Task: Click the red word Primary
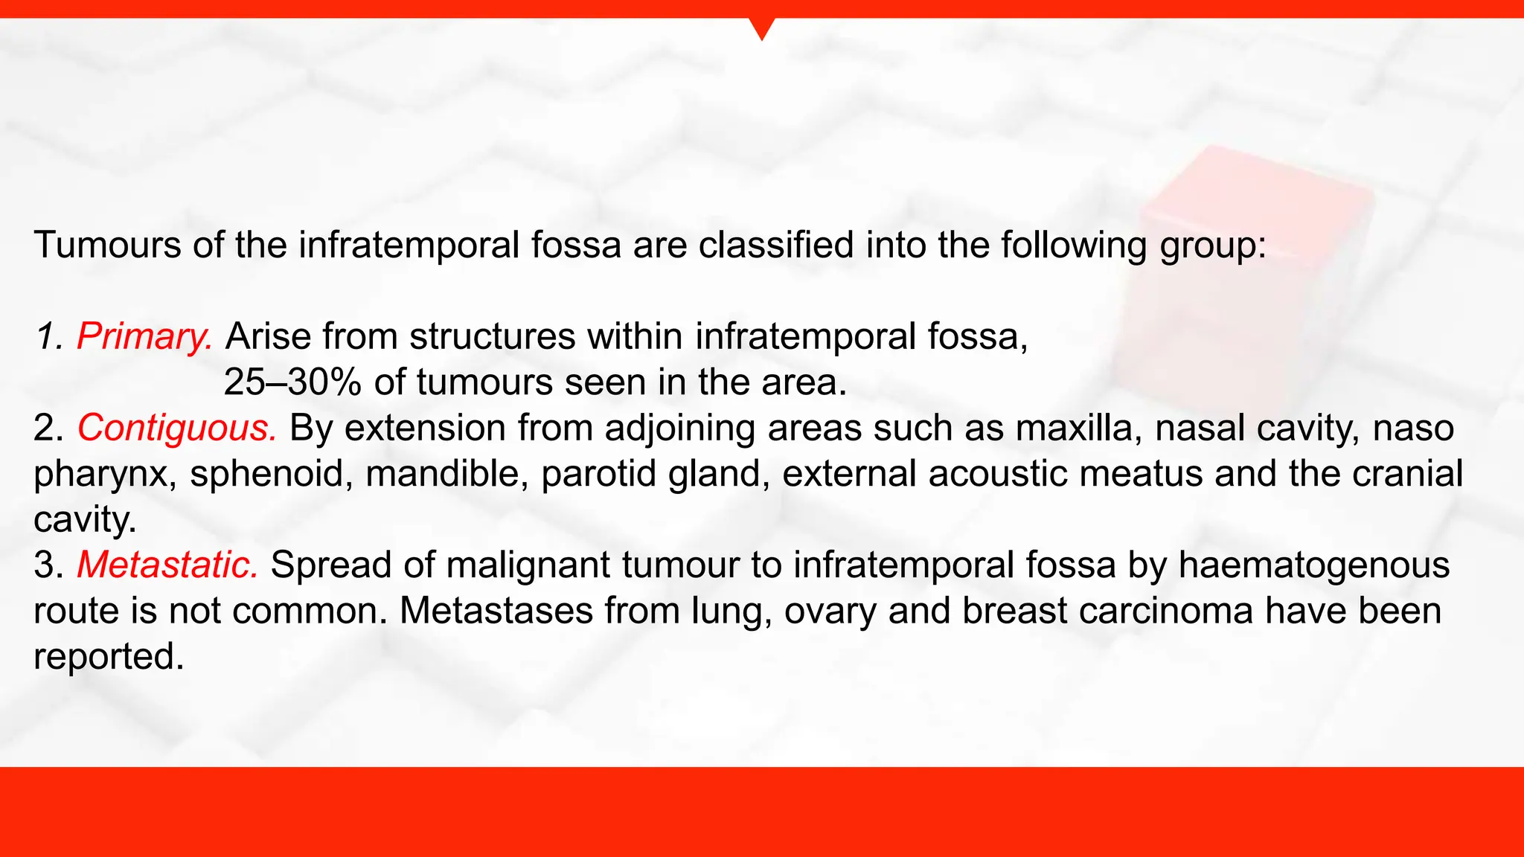144,337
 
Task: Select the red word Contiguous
177,428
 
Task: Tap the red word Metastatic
168,565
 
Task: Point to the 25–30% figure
292,383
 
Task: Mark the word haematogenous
1314,565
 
